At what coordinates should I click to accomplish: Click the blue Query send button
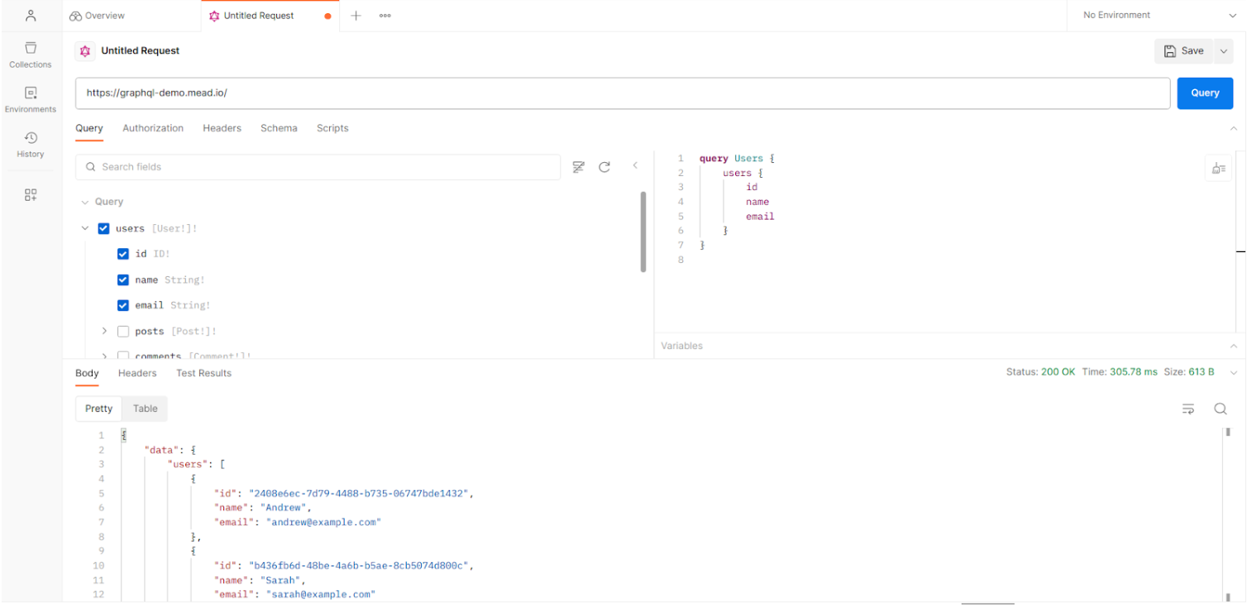point(1205,93)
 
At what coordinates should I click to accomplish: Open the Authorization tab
point(153,128)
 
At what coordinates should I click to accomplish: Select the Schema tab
point(279,128)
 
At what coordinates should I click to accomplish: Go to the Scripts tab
point(332,128)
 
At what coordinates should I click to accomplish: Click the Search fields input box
point(318,166)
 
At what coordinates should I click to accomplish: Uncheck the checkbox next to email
point(123,305)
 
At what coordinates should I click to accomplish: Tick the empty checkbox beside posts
point(123,331)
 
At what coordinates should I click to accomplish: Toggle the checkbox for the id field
point(123,254)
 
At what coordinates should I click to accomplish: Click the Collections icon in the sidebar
point(31,48)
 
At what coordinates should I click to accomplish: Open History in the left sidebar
point(30,144)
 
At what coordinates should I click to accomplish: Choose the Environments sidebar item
point(30,99)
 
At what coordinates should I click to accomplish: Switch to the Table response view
point(146,408)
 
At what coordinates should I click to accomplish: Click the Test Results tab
point(203,373)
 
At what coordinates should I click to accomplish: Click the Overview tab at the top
point(98,16)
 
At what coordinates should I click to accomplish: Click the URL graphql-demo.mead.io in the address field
point(156,93)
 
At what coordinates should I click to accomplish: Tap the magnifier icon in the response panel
point(1220,408)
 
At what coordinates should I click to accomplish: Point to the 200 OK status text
point(1058,372)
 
